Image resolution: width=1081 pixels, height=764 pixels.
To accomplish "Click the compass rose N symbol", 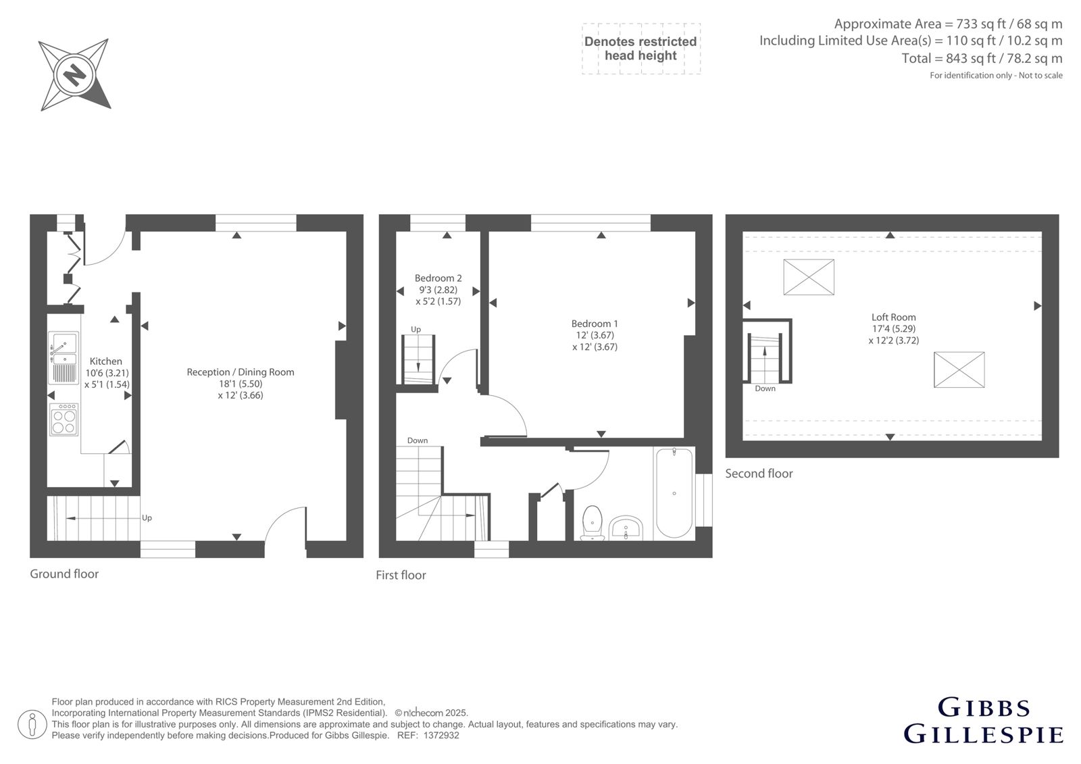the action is coord(75,75).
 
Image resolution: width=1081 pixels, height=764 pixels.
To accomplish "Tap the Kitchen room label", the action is coord(105,361).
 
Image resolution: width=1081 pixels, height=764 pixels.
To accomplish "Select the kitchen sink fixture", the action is coord(64,357).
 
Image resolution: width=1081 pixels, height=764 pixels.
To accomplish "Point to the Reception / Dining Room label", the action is coord(241,372).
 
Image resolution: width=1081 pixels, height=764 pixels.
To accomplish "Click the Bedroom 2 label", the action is coord(438,278).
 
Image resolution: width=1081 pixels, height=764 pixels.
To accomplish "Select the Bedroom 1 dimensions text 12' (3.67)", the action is coord(595,335).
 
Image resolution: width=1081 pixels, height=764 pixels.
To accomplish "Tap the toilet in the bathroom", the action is coord(592,523).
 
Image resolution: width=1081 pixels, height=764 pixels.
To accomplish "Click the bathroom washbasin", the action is coord(626,528).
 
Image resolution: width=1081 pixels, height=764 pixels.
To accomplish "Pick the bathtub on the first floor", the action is coord(674,492).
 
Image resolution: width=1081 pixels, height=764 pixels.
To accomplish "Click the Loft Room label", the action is coord(893,317).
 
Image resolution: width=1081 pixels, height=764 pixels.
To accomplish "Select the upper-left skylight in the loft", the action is coord(808,277).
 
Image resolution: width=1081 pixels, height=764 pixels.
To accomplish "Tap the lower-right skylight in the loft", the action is coord(959,370).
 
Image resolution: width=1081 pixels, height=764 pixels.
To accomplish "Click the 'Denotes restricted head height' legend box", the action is coord(641,49).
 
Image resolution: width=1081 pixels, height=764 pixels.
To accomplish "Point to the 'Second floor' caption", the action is coord(759,474).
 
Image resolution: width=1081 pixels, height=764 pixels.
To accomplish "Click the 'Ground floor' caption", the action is coord(64,574).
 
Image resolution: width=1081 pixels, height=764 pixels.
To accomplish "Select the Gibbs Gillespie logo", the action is coord(983,721).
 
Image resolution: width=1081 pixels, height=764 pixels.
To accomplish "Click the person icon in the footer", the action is coord(32,724).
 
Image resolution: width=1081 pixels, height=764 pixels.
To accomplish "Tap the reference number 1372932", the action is coord(441,736).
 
